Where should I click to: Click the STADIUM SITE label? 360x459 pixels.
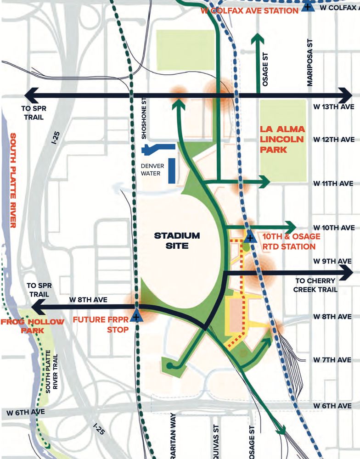tap(177, 241)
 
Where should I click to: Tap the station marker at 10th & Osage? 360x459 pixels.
tap(250, 238)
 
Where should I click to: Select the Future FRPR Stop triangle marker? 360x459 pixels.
tap(136, 316)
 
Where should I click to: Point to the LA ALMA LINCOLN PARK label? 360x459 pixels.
tap(282, 140)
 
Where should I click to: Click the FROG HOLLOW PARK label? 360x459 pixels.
tap(32, 326)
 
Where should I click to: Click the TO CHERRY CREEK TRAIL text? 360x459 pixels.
tap(316, 285)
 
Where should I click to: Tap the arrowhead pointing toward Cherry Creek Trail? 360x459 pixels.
tap(352, 272)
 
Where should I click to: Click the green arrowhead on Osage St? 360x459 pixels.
tap(258, 38)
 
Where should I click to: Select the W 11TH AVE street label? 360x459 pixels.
tap(334, 183)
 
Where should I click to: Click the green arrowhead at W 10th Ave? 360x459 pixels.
tap(291, 227)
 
